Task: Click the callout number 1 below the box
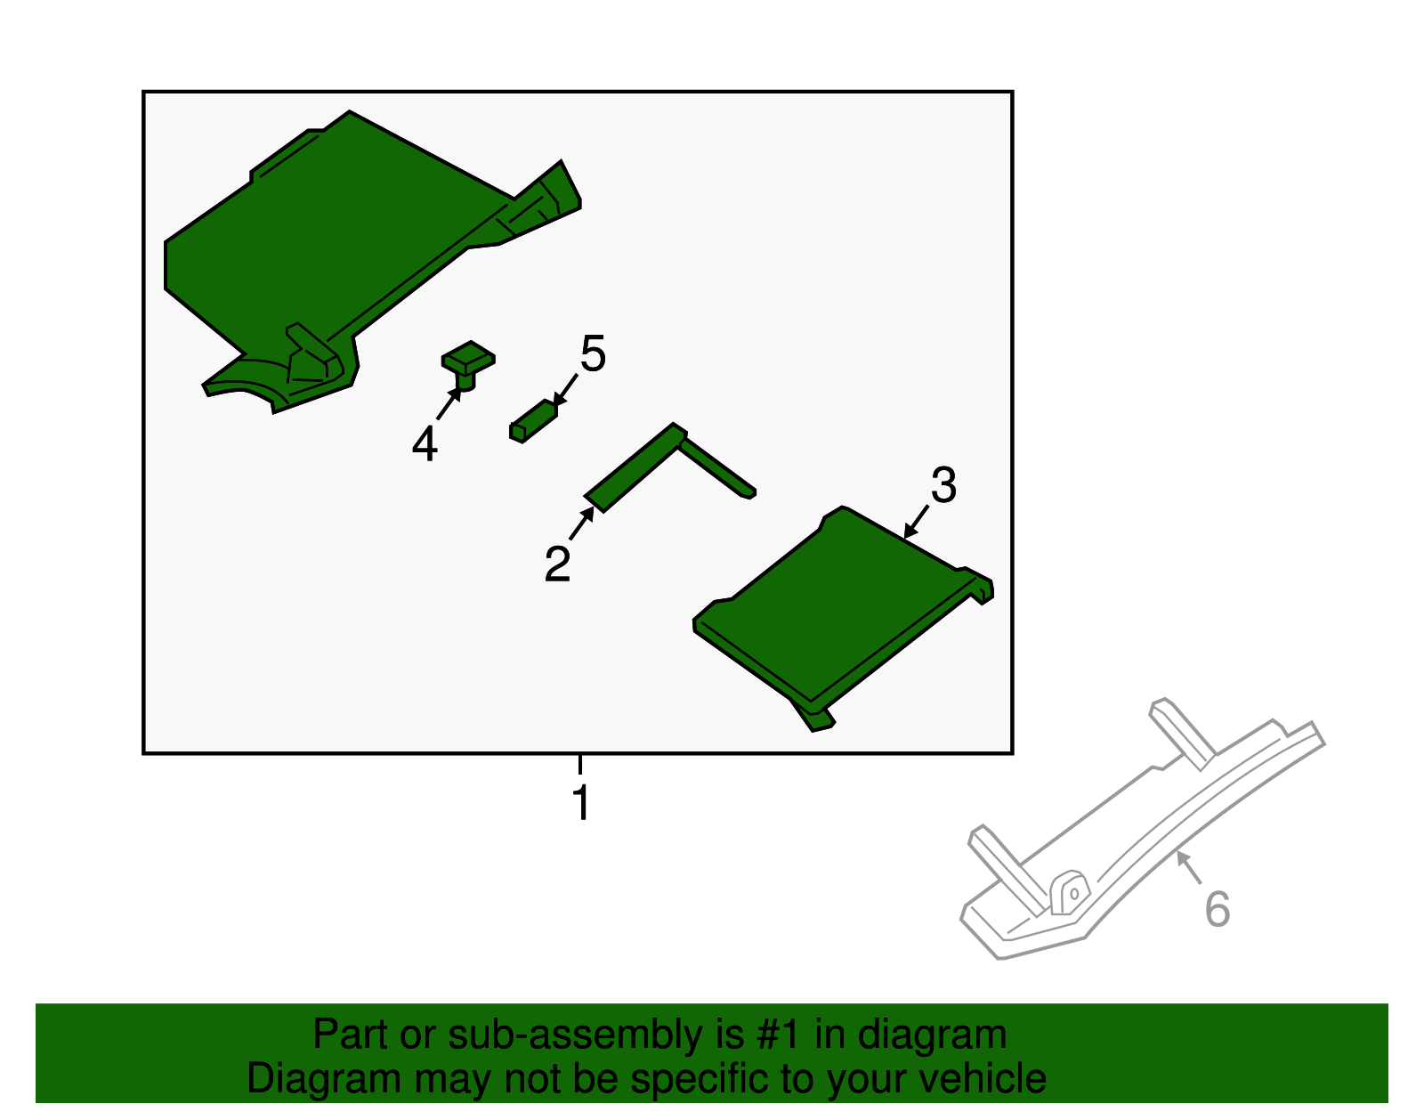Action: tap(581, 802)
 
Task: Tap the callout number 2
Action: tap(558, 564)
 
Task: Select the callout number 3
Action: tap(943, 485)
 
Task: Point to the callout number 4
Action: tap(425, 443)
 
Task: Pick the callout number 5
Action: tap(593, 353)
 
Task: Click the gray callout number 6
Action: tap(1218, 910)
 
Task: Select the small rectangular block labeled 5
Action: tap(533, 421)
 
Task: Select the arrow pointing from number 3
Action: tap(916, 522)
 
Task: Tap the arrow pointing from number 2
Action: tap(582, 523)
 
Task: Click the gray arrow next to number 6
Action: tap(1189, 867)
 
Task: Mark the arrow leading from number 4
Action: tap(449, 402)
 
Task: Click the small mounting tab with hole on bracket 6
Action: tap(1070, 892)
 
